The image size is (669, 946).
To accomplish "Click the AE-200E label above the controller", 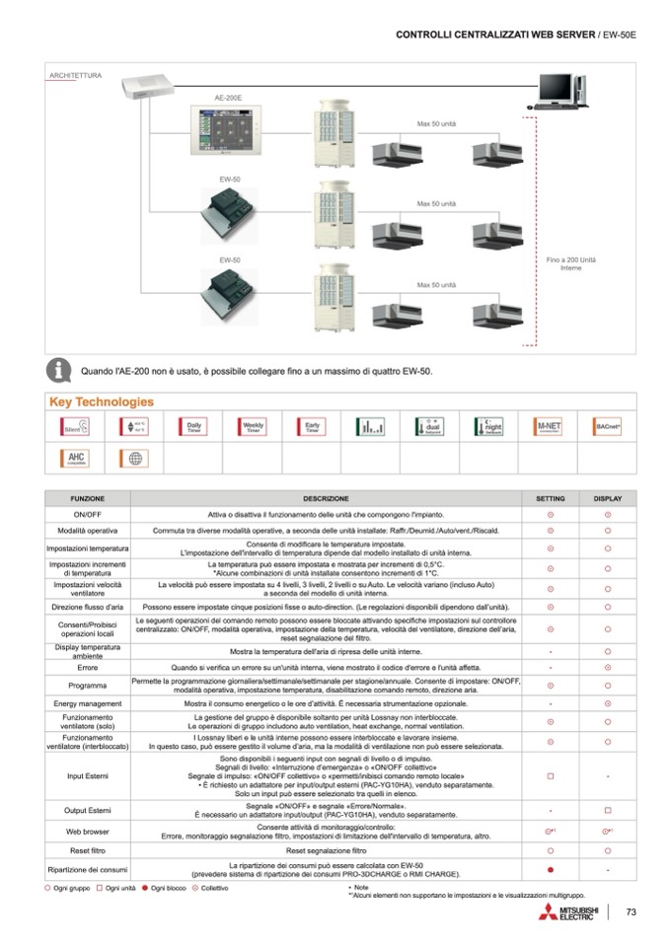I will pyautogui.click(x=229, y=99).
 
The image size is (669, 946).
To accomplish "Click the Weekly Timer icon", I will pyautogui.click(x=254, y=426).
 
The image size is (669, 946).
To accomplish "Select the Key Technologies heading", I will pyautogui.click(x=102, y=401).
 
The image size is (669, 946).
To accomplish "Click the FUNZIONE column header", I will pyautogui.click(x=87, y=498).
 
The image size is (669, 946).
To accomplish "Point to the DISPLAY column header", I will pyautogui.click(x=607, y=498).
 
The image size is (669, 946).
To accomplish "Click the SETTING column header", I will pyautogui.click(x=550, y=498).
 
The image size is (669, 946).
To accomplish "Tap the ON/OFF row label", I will pyautogui.click(x=87, y=515).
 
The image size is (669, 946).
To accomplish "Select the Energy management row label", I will pyautogui.click(x=87, y=703).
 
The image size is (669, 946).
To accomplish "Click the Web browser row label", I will pyautogui.click(x=87, y=832).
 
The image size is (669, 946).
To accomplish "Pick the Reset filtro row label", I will pyautogui.click(x=87, y=849).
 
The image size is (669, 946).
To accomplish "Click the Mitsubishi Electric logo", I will pyautogui.click(x=569, y=911).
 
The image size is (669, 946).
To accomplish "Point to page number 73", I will pyautogui.click(x=632, y=911).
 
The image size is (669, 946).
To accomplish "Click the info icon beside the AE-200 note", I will pyautogui.click(x=61, y=371).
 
